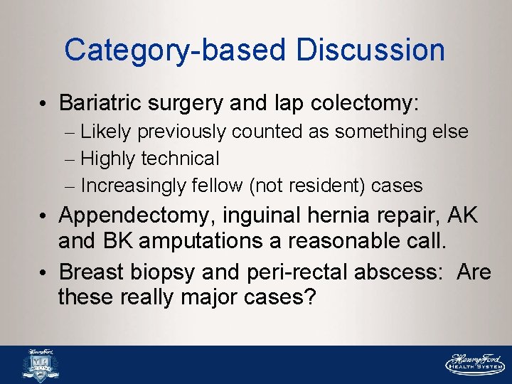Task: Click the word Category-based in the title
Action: pos(174,50)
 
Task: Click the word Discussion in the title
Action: pos(370,50)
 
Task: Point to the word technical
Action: pos(180,159)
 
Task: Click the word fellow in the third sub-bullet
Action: pos(218,186)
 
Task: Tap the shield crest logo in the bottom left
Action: pos(41,365)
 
